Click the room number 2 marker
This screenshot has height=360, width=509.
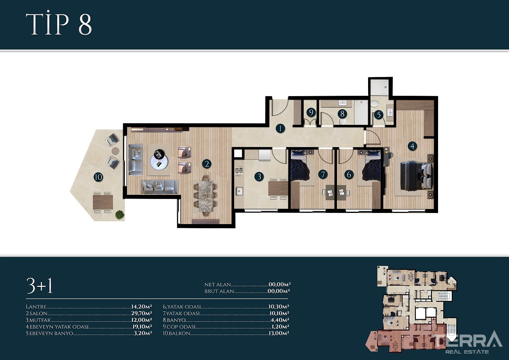point(207,164)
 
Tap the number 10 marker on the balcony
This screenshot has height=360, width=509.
point(98,177)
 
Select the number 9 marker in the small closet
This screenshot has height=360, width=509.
point(311,112)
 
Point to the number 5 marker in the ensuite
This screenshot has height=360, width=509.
point(379,115)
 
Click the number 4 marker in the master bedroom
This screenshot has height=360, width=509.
point(412,146)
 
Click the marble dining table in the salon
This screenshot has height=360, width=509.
point(206,195)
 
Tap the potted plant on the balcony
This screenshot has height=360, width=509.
point(120,215)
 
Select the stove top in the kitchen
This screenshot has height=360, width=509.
point(239,171)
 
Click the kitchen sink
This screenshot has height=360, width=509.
point(239,191)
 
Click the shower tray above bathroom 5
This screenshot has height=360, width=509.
point(380,87)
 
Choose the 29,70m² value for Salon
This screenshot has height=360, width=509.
point(141,314)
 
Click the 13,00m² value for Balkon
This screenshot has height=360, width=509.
point(279,333)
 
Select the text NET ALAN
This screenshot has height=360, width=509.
point(218,285)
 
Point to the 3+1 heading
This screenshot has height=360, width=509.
point(39,286)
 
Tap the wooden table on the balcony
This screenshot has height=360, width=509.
point(103,202)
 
